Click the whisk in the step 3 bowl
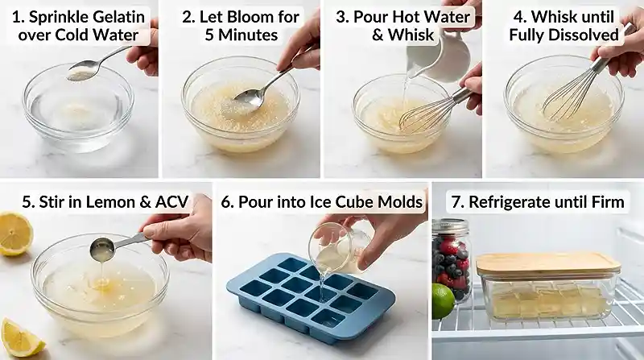click(x=427, y=113)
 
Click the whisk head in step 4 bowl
click(x=568, y=97)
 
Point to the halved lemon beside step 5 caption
click(x=14, y=234)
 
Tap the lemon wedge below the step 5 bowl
click(x=20, y=338)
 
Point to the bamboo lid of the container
click(x=547, y=264)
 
